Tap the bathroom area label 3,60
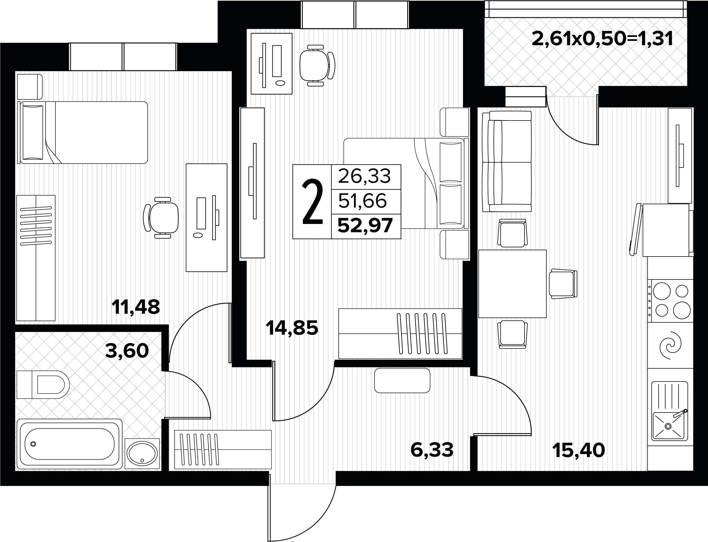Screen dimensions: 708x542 (x=127, y=351)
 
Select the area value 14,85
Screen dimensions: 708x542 (x=292, y=328)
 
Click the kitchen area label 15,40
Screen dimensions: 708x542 (x=579, y=450)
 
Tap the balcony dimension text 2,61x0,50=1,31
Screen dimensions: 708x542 (x=602, y=39)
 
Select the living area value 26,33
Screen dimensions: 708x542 (x=364, y=176)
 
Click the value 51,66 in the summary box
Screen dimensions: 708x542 (x=362, y=201)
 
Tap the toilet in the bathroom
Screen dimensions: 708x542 (x=43, y=385)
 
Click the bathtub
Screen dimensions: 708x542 (x=69, y=444)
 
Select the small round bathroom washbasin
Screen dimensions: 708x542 (x=142, y=453)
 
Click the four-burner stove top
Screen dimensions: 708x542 (x=670, y=301)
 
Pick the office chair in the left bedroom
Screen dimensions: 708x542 (x=161, y=218)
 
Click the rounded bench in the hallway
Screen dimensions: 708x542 (x=402, y=381)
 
